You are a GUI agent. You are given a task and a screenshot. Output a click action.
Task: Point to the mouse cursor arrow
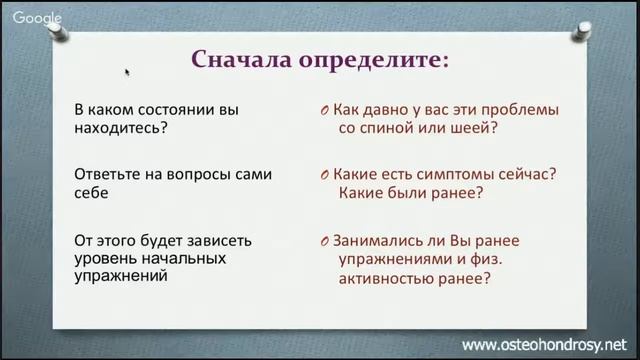[x=127, y=72]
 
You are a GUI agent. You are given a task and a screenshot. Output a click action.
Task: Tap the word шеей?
[x=475, y=128]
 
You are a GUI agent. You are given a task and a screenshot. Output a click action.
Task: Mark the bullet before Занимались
[x=326, y=241]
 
